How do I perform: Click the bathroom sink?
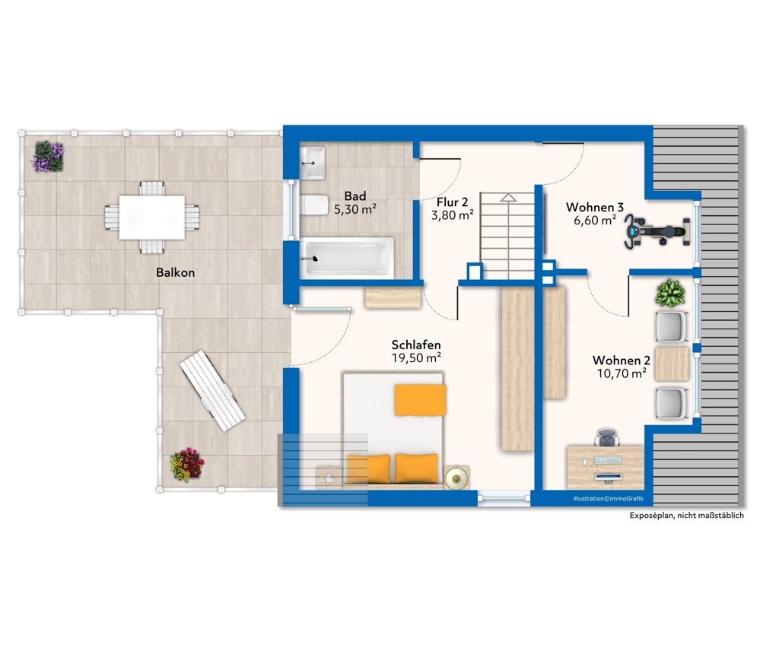point(313,163)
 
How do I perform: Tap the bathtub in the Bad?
point(347,257)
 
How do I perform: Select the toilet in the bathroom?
point(314,205)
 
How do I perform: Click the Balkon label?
point(176,272)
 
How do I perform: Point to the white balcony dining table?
point(151,217)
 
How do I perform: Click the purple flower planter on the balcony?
point(49,156)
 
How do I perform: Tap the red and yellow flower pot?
point(187,464)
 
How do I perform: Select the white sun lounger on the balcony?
point(212,391)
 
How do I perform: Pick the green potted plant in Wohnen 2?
point(670,293)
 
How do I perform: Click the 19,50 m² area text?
point(416,358)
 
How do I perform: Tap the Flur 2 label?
point(452,202)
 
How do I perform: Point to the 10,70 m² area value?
point(622,373)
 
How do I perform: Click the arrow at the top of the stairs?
point(508,197)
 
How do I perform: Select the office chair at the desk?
point(607,437)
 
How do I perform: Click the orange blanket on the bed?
point(420,400)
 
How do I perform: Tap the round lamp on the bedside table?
point(456,478)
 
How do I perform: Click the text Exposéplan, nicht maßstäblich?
point(686,516)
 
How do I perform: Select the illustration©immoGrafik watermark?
point(609,499)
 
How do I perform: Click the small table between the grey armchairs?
point(672,364)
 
